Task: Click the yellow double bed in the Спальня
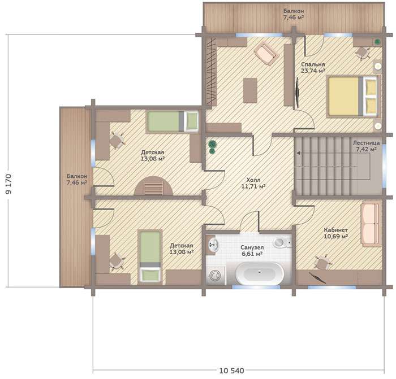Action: [353, 97]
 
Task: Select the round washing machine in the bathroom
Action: [216, 276]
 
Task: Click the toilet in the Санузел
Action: [282, 242]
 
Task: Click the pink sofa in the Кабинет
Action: [371, 224]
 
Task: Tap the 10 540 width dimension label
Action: [231, 371]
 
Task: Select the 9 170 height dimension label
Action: [8, 184]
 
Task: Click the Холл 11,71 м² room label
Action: [253, 184]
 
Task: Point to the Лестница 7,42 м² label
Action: [366, 146]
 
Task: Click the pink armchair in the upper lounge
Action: [266, 54]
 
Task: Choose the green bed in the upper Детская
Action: [173, 121]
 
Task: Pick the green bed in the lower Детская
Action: [150, 257]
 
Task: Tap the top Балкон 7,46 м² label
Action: [294, 14]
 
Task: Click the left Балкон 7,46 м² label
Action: [77, 179]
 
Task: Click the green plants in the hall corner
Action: [212, 147]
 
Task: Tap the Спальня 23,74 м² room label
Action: [313, 68]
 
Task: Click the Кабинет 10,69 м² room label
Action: [335, 233]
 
